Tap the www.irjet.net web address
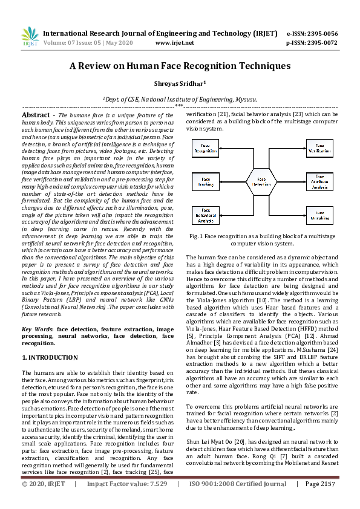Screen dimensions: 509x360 (174, 43)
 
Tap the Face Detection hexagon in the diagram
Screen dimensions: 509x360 (261, 180)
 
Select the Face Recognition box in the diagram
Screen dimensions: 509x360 (207, 148)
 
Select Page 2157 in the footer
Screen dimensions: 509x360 (319, 501)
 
